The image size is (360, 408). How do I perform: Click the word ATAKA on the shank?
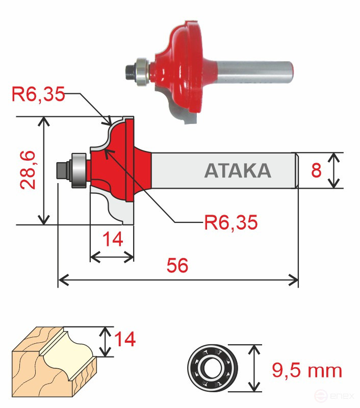(237, 170)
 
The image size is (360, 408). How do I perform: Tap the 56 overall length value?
(177, 265)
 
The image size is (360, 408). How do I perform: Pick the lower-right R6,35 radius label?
(230, 222)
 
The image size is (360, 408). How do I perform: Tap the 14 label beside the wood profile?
(124, 339)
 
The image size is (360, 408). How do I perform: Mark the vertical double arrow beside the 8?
(333, 170)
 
